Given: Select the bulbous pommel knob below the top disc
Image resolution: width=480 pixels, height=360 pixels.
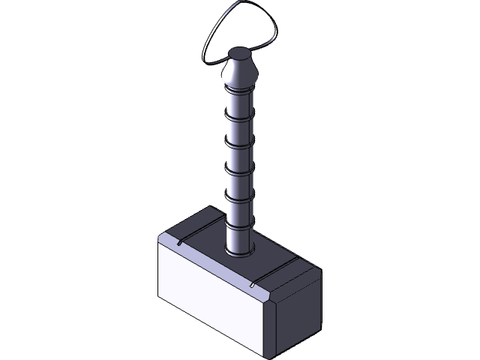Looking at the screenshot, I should pyautogui.click(x=240, y=73).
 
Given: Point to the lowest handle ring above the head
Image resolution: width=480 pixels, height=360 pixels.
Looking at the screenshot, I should pyautogui.click(x=240, y=225).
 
